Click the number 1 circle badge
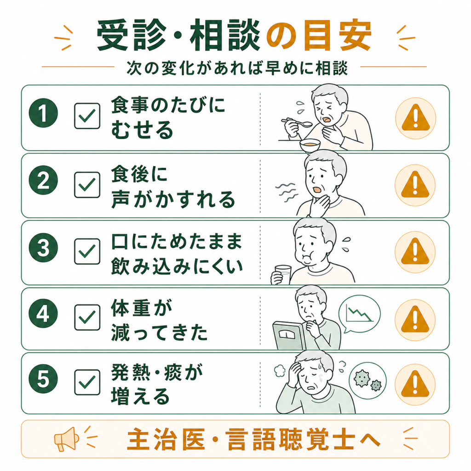coord(43,113)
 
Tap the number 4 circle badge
coord(43,314)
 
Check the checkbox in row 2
coord(87,185)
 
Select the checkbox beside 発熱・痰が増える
coord(87,382)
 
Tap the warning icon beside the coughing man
coord(416,118)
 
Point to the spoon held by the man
coord(298,122)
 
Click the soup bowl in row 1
coord(310,145)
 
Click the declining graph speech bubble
coord(359,314)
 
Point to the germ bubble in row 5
coord(368,380)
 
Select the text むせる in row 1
coord(142,130)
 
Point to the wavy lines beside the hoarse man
coord(287,192)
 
